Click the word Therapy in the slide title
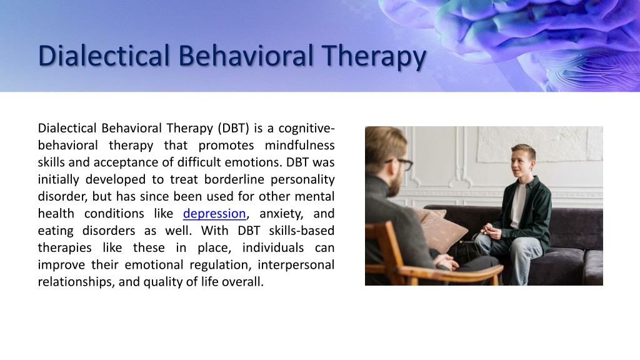pyautogui.click(x=374, y=57)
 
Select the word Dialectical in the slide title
pyautogui.click(x=104, y=55)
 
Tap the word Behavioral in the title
pyautogui.click(x=246, y=55)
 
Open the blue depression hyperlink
pyautogui.click(x=214, y=214)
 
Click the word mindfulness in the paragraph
pyautogui.click(x=299, y=145)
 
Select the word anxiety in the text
pyautogui.click(x=281, y=214)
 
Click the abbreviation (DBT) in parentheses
pyautogui.click(x=233, y=128)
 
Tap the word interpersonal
pyautogui.click(x=296, y=265)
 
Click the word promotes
pyautogui.click(x=226, y=146)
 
